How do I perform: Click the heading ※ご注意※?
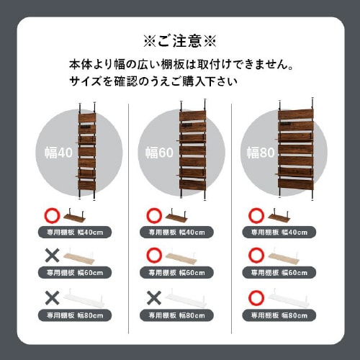click(x=180, y=41)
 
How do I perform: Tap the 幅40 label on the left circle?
click(x=58, y=153)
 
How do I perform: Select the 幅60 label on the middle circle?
click(x=159, y=153)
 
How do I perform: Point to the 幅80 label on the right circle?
click(x=261, y=153)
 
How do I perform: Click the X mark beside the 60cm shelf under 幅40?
click(x=52, y=256)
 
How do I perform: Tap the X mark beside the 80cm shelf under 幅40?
click(x=52, y=298)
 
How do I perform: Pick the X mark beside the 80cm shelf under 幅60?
click(x=154, y=298)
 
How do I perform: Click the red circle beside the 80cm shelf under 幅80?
click(x=256, y=298)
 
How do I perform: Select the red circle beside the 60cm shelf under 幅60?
click(x=154, y=256)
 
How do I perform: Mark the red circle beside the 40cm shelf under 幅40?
click(x=52, y=215)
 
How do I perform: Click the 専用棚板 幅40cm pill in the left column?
click(x=75, y=233)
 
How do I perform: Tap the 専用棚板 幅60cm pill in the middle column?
click(x=176, y=273)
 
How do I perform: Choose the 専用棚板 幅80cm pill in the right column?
click(x=279, y=315)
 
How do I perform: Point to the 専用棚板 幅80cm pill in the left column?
click(x=75, y=315)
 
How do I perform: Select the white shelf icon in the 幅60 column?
click(x=186, y=299)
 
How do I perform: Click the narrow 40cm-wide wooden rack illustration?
click(x=86, y=151)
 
